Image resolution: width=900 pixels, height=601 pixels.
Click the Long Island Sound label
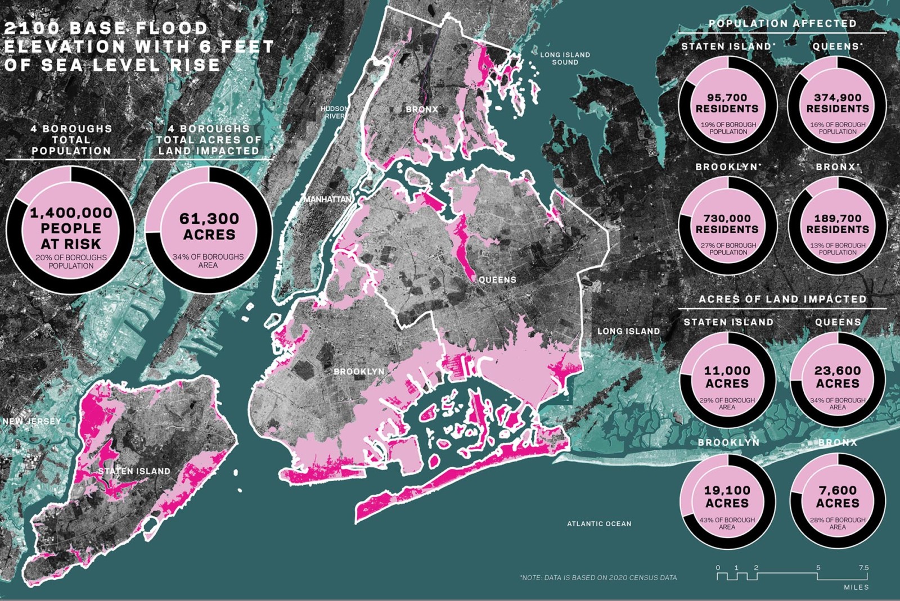click(x=565, y=58)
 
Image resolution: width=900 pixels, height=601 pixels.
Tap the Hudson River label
click(x=334, y=112)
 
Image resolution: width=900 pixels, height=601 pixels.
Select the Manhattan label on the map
click(x=327, y=200)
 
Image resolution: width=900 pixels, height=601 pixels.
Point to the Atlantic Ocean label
click(x=599, y=523)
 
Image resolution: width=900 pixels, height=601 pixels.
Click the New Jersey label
click(x=31, y=421)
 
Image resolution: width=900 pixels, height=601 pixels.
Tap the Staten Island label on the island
click(x=134, y=471)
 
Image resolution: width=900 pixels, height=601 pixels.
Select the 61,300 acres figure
click(x=209, y=227)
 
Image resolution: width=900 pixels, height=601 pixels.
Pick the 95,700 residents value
click(x=727, y=103)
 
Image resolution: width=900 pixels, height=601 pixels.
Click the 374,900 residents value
click(x=838, y=103)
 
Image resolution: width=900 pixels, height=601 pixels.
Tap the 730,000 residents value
click(x=727, y=224)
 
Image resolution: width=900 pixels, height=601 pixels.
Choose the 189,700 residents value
click(x=838, y=224)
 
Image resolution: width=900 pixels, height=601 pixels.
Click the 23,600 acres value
click(x=838, y=377)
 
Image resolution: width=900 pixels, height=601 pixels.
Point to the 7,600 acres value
click(x=838, y=496)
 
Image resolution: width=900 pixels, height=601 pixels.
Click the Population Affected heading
click(x=782, y=24)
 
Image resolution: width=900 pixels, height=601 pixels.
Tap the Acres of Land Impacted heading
click(x=782, y=299)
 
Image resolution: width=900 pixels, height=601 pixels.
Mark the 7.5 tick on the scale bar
click(x=863, y=568)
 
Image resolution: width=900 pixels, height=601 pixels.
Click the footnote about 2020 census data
click(x=598, y=577)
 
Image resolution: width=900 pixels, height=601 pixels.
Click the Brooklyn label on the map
click(x=359, y=372)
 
